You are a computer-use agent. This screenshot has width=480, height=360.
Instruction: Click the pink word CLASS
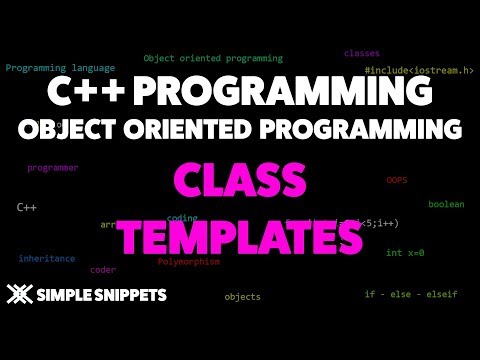point(240,183)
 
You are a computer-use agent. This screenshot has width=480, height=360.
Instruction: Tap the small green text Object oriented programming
point(213,59)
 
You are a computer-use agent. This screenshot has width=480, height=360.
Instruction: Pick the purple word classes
point(361,53)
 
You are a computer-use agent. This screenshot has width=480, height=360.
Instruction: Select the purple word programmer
point(52,169)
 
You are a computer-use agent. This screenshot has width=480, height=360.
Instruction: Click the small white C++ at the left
point(27,206)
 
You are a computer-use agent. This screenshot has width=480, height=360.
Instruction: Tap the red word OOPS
point(396,180)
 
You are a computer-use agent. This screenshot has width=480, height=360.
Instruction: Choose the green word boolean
point(446,204)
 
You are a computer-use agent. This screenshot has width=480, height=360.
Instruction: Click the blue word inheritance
point(46,258)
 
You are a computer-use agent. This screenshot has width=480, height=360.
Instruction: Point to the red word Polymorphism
point(188,262)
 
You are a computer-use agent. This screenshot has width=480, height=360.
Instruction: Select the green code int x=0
point(405,253)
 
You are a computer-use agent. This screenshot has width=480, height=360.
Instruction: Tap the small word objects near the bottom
point(242,297)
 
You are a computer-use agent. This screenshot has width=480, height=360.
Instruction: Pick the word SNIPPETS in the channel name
point(128,295)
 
